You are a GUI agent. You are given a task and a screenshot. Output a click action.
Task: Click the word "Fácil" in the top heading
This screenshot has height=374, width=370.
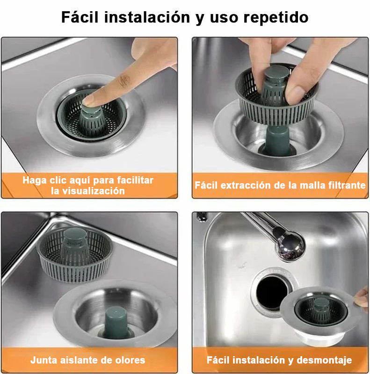[x=80, y=17]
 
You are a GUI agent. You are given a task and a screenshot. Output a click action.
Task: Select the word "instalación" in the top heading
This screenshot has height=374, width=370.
[x=147, y=17]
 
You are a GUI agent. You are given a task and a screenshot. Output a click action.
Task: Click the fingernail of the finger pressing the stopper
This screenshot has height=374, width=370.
[x=89, y=100]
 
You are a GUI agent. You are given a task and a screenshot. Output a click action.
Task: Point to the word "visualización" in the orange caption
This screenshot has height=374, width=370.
[x=88, y=191]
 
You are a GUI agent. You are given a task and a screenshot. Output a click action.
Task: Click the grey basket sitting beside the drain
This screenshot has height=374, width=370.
[x=75, y=255]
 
